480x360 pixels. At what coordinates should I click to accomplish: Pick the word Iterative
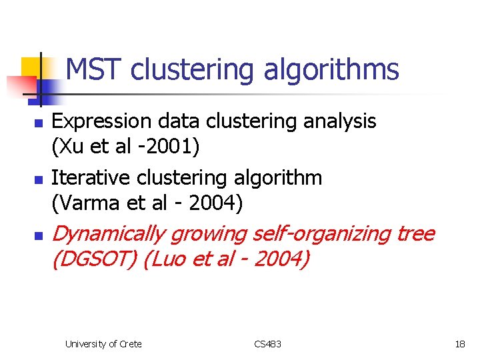(x=91, y=178)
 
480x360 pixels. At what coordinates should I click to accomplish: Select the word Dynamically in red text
(x=108, y=235)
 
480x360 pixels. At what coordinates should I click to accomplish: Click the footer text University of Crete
(x=103, y=344)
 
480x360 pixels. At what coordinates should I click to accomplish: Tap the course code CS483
(x=268, y=344)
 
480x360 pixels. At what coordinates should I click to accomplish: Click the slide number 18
(x=460, y=344)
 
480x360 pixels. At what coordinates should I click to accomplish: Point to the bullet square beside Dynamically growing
(x=39, y=236)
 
